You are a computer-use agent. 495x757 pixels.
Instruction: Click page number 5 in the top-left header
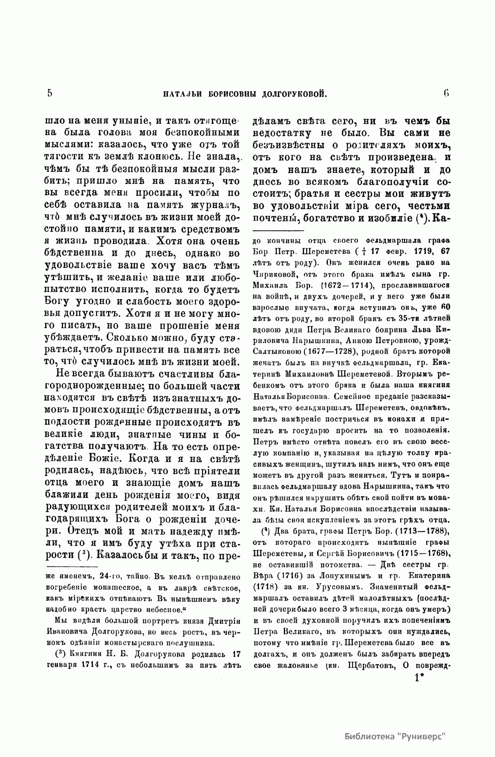coord(50,93)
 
